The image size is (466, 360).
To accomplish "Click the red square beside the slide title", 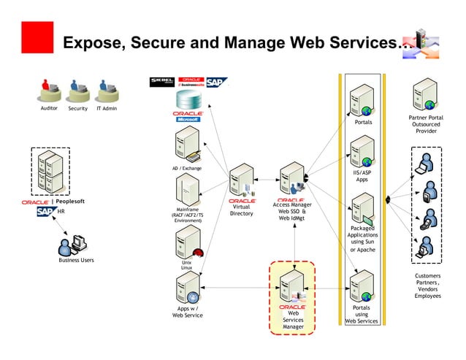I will (x=37, y=37).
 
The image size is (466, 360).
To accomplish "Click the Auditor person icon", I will (x=49, y=91).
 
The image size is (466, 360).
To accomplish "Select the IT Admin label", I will (x=107, y=109).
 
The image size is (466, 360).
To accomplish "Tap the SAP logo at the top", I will (x=217, y=82).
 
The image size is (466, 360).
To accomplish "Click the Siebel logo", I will (x=161, y=82).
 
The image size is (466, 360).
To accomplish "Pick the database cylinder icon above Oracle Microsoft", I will (x=188, y=100).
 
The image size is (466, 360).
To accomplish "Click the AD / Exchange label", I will (x=187, y=169).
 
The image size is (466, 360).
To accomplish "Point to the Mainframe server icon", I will (x=188, y=191).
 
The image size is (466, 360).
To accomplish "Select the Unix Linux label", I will (x=187, y=265).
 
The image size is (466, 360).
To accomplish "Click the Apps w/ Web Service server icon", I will (x=188, y=289).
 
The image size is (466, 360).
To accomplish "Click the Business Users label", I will (x=77, y=260).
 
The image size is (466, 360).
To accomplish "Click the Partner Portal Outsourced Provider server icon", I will (x=426, y=95).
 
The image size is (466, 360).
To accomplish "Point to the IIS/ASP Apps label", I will (x=362, y=176).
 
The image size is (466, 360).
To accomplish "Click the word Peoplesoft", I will (x=70, y=201).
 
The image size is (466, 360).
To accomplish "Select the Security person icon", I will (x=77, y=91).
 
